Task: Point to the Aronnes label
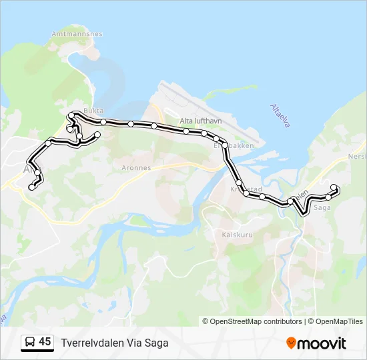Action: (137, 168)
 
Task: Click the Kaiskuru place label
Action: (236, 234)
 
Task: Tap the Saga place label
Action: (322, 207)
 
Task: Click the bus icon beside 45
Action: (29, 342)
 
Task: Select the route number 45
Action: (45, 342)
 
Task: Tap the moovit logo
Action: (316, 343)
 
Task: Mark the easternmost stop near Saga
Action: (334, 187)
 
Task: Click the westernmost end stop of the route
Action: (31, 188)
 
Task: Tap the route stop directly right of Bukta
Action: (104, 121)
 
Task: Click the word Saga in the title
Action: (157, 343)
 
